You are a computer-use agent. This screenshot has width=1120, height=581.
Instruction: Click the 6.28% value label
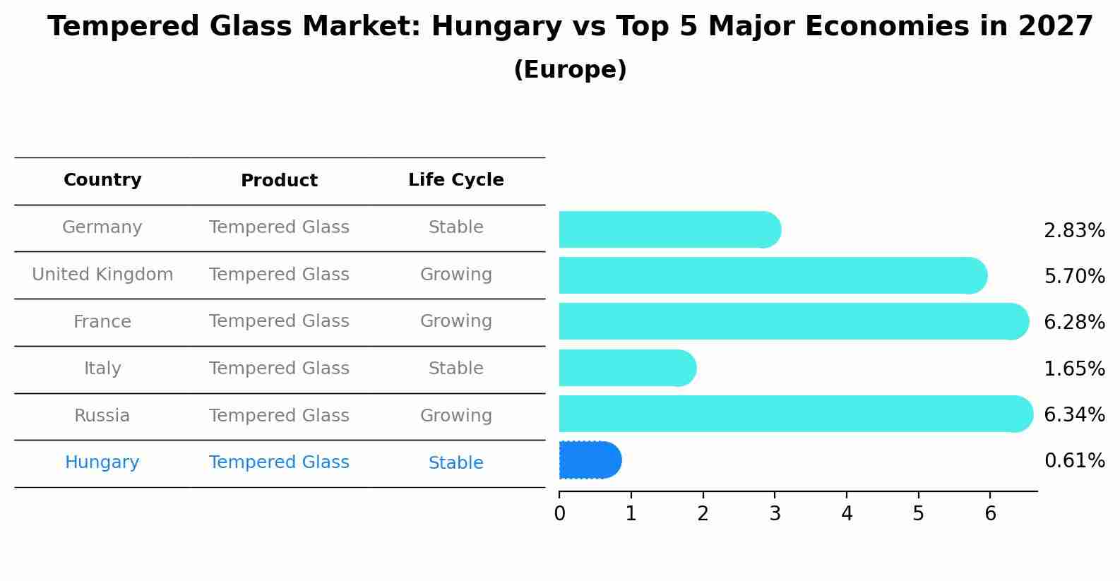tap(1074, 323)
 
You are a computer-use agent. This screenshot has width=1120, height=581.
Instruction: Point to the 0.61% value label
tap(1074, 461)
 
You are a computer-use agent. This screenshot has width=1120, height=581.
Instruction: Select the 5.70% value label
tap(1074, 277)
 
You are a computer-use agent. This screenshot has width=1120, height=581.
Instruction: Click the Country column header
tap(102, 180)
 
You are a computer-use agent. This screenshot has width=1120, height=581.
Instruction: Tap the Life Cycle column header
tap(455, 180)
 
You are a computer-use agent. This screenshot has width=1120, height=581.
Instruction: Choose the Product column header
tap(279, 181)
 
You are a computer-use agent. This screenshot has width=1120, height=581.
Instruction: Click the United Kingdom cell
tap(102, 275)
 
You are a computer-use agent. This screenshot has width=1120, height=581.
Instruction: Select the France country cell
tap(102, 322)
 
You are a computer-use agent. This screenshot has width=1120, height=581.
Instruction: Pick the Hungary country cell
tap(102, 462)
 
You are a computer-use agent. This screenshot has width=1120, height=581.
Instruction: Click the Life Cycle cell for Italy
tap(455, 369)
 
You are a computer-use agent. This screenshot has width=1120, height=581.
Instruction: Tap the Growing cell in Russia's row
tap(455, 416)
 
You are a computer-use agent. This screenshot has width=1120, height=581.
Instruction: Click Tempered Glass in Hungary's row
tap(279, 462)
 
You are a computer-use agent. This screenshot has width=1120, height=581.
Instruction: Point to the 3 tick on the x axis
tap(775, 514)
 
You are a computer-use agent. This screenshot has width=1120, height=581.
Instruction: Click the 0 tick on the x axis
tap(559, 514)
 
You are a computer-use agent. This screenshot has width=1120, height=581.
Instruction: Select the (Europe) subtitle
tap(570, 70)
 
